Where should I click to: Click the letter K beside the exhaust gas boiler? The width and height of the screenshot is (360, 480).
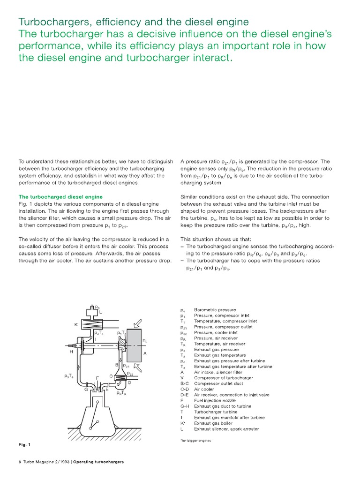point(75,324)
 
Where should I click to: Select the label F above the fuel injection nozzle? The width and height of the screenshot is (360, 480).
point(97,377)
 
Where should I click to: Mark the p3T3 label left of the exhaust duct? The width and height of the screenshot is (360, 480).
point(69,375)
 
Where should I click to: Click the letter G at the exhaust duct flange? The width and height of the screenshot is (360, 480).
point(86,389)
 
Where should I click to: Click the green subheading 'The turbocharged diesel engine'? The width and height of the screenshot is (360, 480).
point(60,196)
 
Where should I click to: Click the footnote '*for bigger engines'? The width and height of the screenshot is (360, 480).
point(195,441)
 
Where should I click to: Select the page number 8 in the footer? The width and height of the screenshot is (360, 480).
point(20,462)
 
